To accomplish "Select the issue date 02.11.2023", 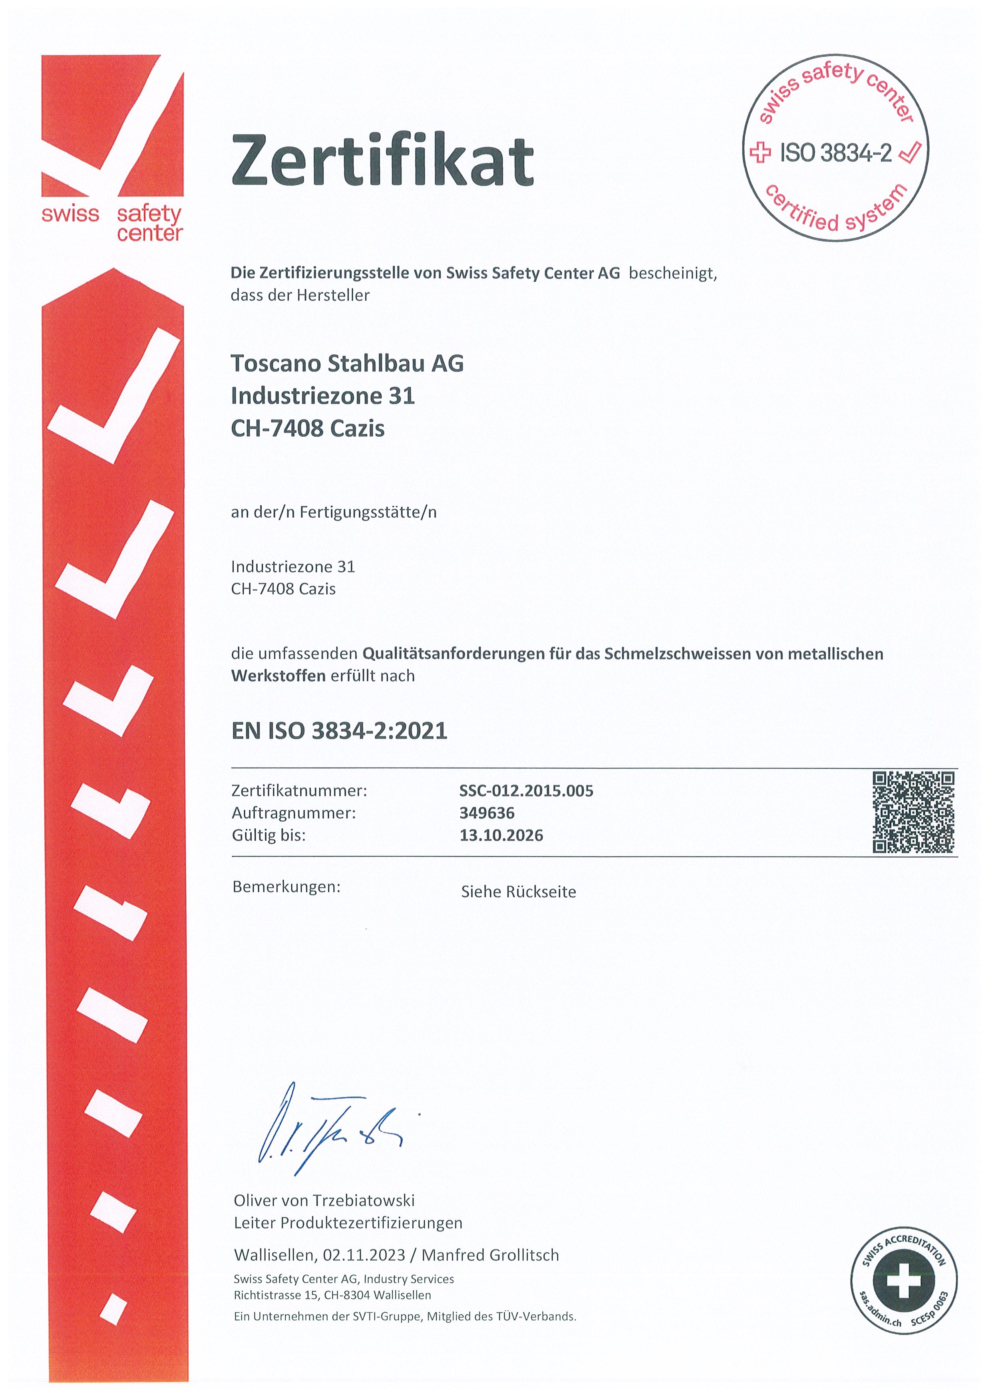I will point(364,1255).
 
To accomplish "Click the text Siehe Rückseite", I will point(518,892).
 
